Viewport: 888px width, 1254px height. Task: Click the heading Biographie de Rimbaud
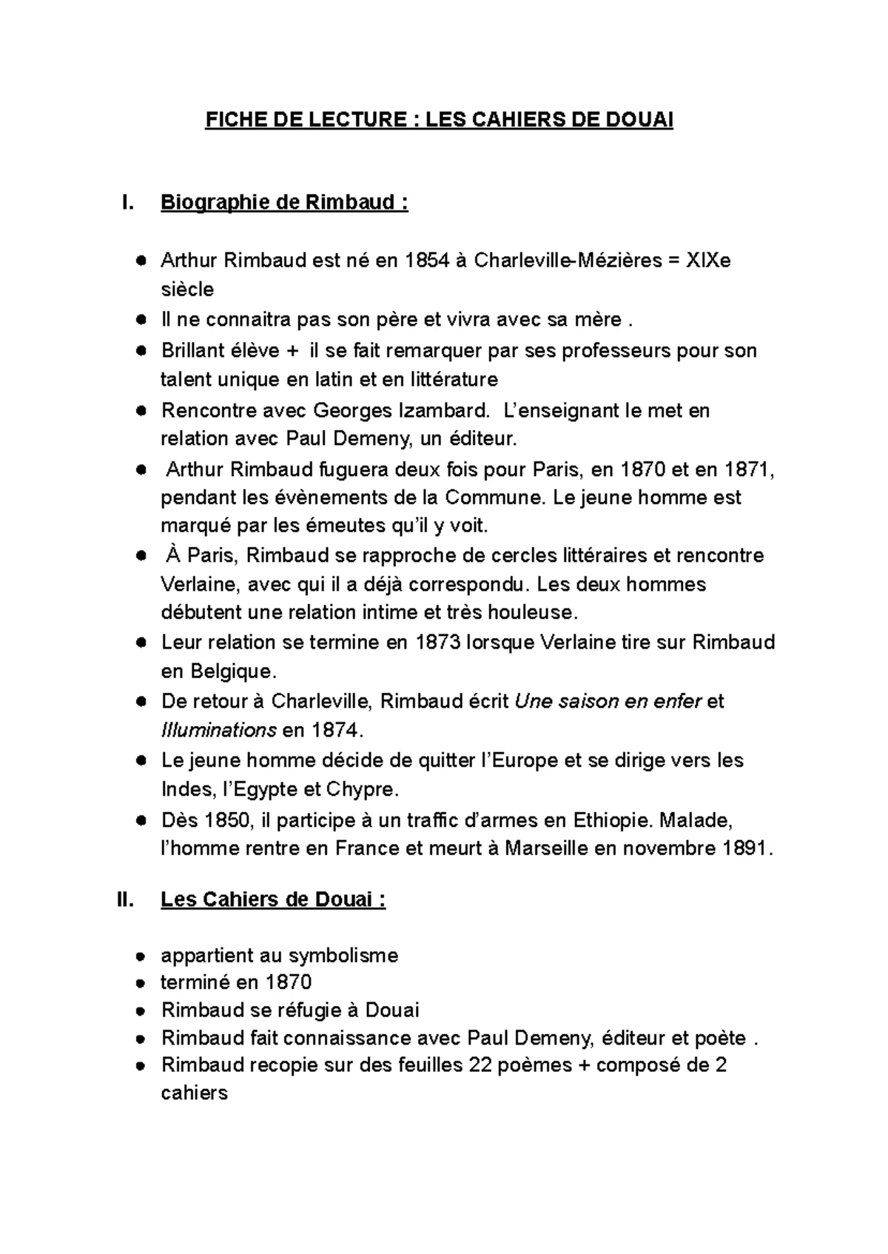(283, 202)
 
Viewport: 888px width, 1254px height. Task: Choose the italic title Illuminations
(218, 731)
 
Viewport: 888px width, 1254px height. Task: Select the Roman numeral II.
(126, 900)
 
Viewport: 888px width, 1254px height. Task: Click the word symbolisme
(343, 956)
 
